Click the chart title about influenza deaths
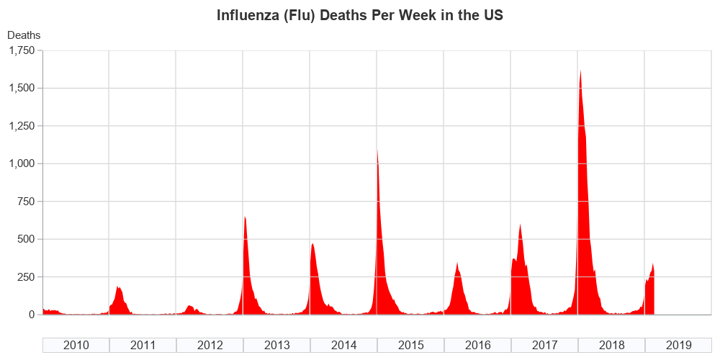coord(360,15)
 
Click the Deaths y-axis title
coord(24,35)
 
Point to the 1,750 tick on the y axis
coord(22,50)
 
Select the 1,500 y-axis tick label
coord(22,88)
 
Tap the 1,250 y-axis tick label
coord(22,126)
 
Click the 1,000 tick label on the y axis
coord(22,163)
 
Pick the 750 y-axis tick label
coord(25,202)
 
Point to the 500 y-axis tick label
coord(25,239)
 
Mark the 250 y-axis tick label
coord(25,277)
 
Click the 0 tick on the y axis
coord(32,315)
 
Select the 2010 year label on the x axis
coord(76,345)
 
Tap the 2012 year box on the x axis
coord(210,345)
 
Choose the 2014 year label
coord(344,345)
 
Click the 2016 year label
coord(478,345)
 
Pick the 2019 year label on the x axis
coord(679,345)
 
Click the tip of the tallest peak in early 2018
coord(580,70)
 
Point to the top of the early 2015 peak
coord(377,149)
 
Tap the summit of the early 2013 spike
coord(245,217)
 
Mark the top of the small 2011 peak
coord(117,287)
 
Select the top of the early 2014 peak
coord(312,243)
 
